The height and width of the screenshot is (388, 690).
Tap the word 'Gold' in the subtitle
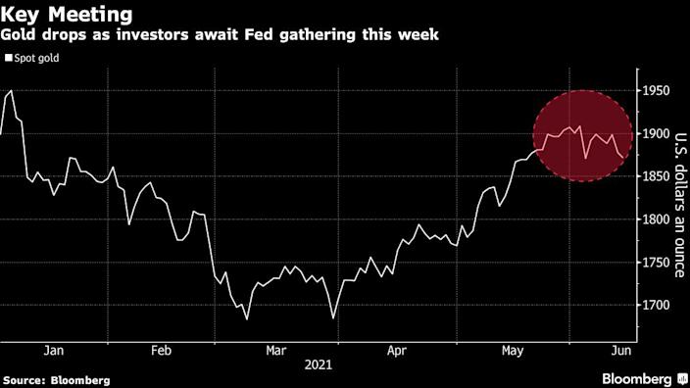click(23, 36)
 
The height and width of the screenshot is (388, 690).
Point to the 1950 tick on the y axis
click(657, 91)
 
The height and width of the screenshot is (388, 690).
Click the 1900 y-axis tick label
click(657, 134)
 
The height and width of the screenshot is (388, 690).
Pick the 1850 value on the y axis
click(657, 176)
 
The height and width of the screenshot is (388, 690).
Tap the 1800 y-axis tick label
click(657, 219)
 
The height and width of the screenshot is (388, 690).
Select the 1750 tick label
click(657, 263)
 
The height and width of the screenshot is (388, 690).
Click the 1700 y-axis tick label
click(657, 306)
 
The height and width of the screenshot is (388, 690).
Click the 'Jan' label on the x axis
click(54, 349)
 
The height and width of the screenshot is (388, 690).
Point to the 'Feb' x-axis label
click(162, 349)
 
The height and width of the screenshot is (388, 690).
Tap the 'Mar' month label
click(275, 349)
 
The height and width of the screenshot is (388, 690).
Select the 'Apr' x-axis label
click(395, 349)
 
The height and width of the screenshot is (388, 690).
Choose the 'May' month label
click(512, 349)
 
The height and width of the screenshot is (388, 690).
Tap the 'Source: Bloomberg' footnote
click(56, 379)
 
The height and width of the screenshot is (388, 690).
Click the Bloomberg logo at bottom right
click(636, 378)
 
